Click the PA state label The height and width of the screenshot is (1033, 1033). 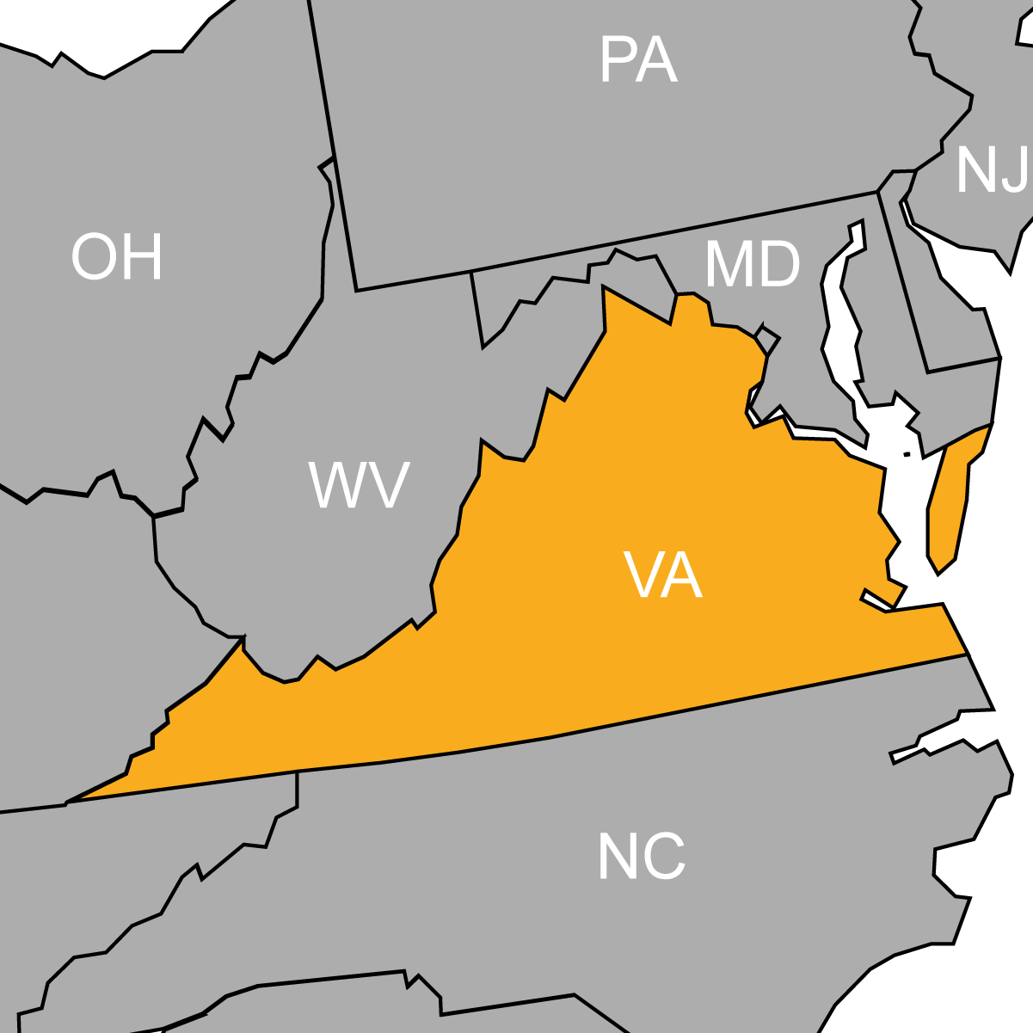pos(638,61)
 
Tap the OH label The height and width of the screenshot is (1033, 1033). pos(117,257)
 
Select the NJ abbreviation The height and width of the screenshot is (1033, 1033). pos(992,169)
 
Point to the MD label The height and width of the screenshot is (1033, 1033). pos(752,265)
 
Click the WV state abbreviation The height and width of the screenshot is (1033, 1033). pos(359,485)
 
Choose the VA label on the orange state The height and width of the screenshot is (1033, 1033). pos(663,576)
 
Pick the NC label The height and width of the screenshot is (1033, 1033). pos(642,857)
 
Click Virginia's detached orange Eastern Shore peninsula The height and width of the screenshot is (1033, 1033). pos(949,507)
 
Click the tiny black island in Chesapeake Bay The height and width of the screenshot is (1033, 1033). pos(907,454)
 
